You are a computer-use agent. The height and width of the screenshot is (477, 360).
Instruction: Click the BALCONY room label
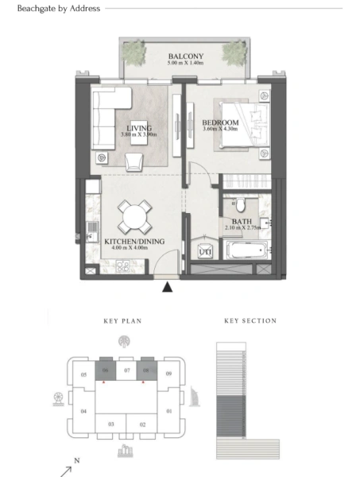185,56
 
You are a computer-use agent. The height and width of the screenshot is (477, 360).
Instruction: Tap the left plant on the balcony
137,53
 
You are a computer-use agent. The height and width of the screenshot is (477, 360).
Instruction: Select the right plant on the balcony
232,53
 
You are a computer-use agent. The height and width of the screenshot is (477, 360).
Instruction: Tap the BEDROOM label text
221,122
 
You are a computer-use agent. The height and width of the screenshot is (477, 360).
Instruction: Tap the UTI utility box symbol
204,252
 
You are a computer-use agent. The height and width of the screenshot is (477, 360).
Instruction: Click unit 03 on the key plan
111,425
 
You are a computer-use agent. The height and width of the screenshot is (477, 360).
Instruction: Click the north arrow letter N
76,460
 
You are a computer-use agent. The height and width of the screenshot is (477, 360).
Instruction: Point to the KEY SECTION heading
250,321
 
